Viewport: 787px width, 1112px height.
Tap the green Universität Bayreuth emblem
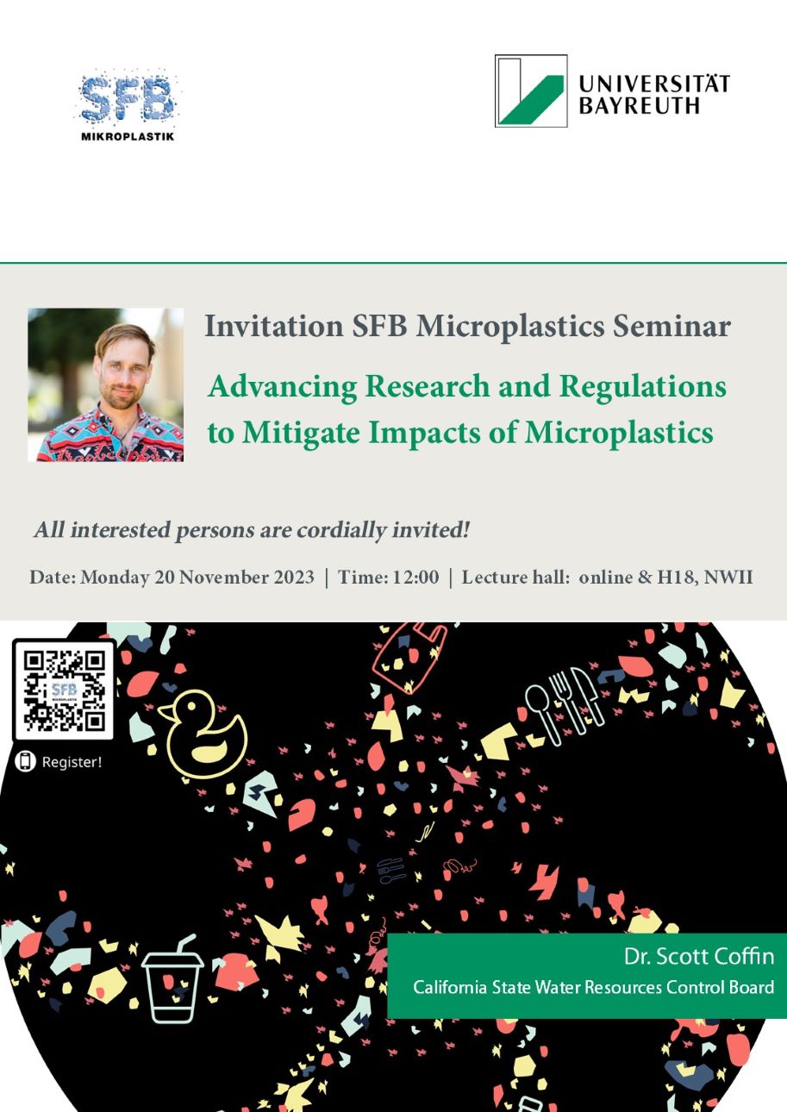[x=531, y=91]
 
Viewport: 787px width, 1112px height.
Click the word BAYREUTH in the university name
[x=639, y=106]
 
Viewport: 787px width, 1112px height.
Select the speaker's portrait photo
[x=106, y=384]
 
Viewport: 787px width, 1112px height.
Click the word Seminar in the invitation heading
[x=671, y=327]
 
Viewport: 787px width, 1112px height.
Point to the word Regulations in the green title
[x=642, y=387]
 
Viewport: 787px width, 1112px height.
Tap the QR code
[x=64, y=690]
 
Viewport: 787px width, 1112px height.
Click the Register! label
[x=72, y=762]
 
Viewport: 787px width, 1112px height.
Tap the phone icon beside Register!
[x=25, y=761]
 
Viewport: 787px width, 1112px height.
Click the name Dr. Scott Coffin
[x=698, y=957]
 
